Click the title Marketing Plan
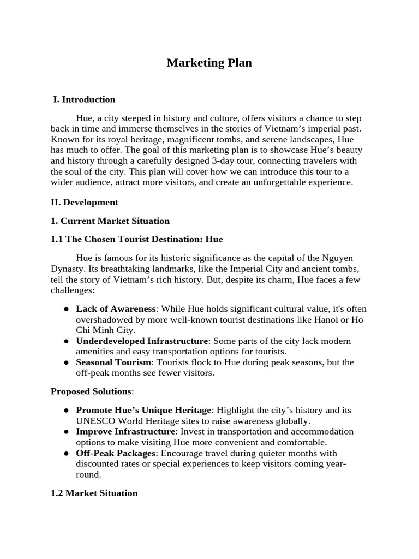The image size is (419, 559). pos(209,63)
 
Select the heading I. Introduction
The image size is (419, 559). pos(84,99)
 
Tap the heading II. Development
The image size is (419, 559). pos(85,202)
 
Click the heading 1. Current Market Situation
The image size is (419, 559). pos(110,221)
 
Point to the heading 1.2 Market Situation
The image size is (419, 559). pos(94,493)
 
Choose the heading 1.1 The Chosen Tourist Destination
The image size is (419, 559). pos(136,239)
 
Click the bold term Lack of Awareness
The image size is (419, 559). pos(116,308)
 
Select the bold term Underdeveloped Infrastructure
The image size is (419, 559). pos(142,341)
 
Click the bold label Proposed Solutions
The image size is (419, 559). pos(91,391)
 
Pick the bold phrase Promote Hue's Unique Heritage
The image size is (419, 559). pos(143,410)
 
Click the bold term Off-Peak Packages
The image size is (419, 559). pos(116,453)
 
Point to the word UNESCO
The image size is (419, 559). pos(93,421)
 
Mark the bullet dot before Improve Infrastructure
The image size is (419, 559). pos(65,432)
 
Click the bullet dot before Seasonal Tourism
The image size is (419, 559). pos(65,362)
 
